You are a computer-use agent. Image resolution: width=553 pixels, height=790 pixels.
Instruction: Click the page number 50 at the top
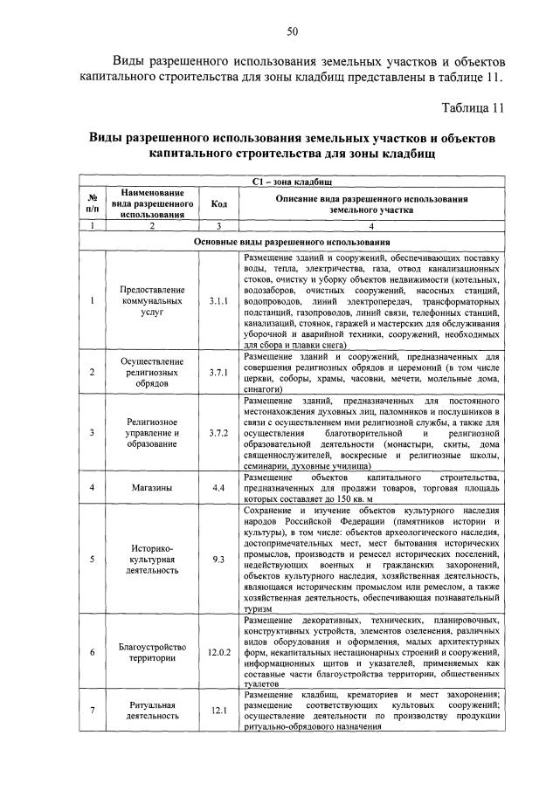pos(294,32)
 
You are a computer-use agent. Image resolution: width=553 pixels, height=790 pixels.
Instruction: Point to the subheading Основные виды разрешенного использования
pos(294,242)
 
